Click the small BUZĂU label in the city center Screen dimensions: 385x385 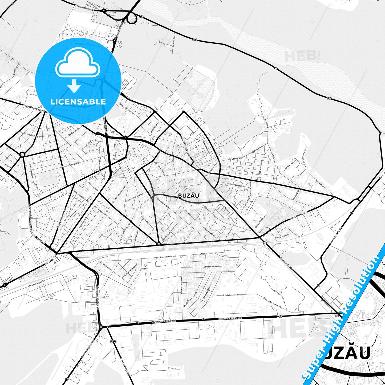point(188,195)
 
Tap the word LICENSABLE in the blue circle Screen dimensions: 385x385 point(78,102)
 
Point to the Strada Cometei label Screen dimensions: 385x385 point(211,266)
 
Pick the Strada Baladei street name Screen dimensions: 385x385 point(235,184)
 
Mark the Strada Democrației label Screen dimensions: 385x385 point(71,165)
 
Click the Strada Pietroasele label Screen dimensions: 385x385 point(126,108)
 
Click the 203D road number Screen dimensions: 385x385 point(113,341)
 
